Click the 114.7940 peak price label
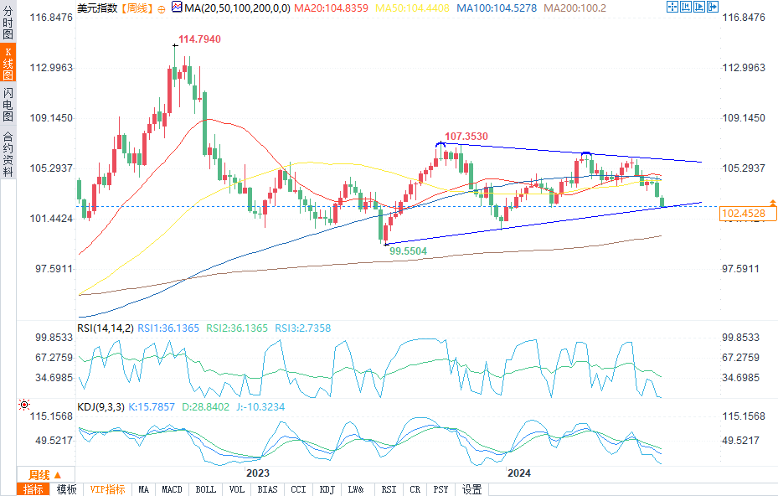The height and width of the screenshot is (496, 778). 201,39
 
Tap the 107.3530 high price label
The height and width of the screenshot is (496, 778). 466,136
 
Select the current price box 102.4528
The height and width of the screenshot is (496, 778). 743,214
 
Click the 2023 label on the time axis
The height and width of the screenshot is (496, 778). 256,473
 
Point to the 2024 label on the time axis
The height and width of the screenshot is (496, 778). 520,473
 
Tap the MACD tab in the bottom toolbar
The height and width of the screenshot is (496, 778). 172,489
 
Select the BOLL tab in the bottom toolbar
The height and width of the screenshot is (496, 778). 205,489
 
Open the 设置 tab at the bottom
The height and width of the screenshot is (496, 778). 471,489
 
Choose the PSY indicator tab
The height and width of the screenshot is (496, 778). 441,489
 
